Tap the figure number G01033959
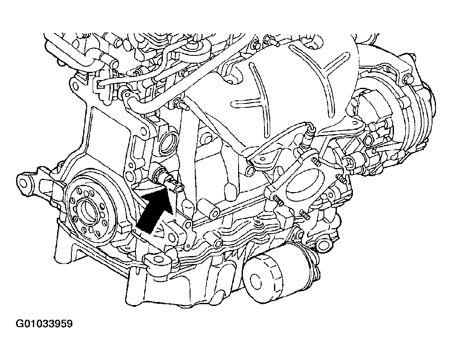pyautogui.click(x=44, y=324)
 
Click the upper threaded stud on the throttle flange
pyautogui.click(x=316, y=162)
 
